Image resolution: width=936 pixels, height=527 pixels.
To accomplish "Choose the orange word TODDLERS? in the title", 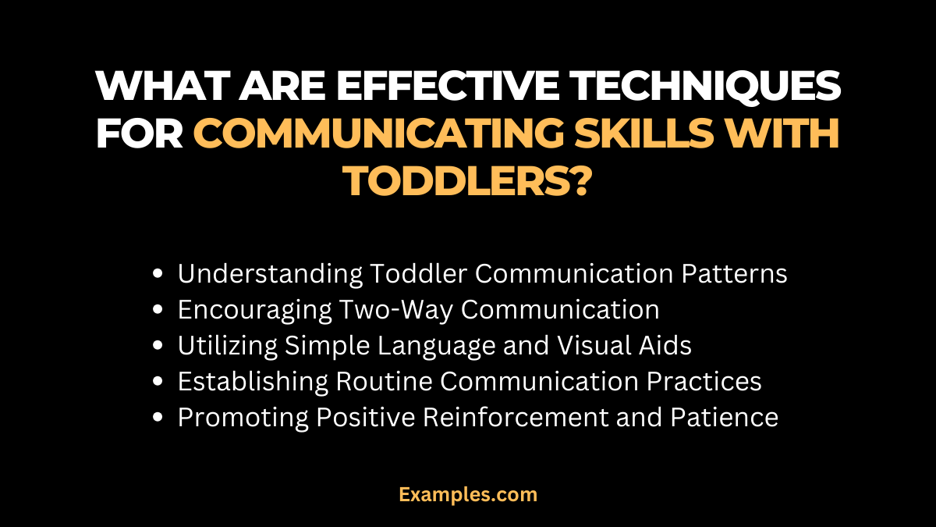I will tap(467, 180).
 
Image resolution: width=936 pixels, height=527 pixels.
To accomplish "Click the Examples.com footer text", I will tap(468, 494).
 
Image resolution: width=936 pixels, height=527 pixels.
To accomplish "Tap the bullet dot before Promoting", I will tap(159, 418).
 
